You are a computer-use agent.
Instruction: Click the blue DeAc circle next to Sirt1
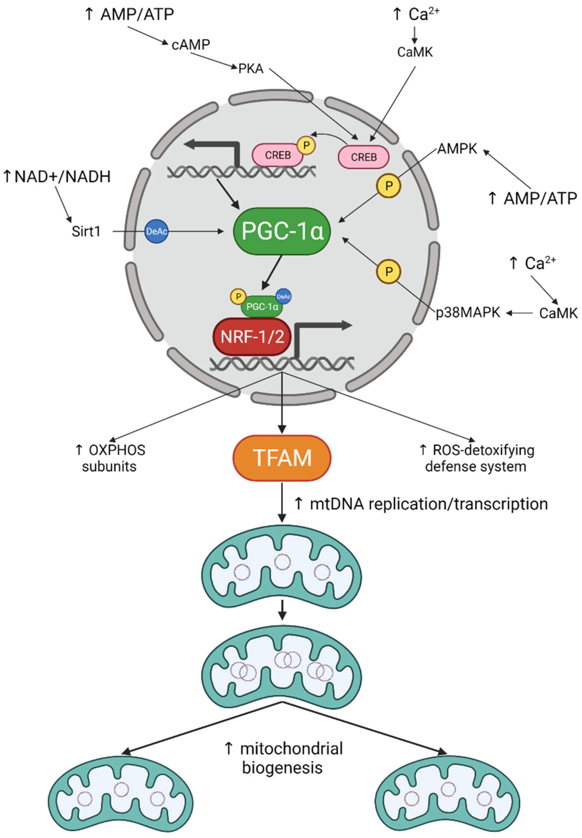click(x=156, y=231)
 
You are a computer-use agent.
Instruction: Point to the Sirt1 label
click(x=86, y=231)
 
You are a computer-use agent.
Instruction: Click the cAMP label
click(x=191, y=44)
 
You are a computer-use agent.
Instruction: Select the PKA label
click(x=251, y=68)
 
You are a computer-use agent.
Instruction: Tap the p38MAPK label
click(x=468, y=312)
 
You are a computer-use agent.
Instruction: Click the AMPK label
click(x=457, y=149)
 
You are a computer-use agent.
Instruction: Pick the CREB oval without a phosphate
click(x=364, y=157)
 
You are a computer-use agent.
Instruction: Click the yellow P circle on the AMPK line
click(x=389, y=186)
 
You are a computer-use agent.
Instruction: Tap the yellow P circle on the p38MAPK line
click(x=389, y=271)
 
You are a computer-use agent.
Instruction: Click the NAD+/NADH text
click(x=62, y=176)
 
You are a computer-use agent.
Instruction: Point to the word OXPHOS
click(x=117, y=450)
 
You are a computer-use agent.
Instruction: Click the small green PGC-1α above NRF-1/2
click(x=262, y=306)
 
